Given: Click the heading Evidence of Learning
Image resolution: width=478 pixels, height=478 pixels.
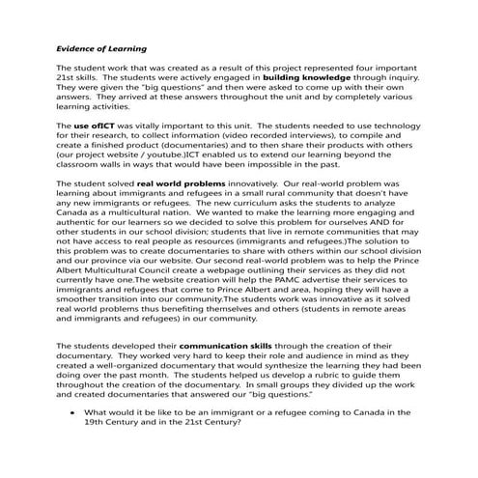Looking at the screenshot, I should (94, 47).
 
